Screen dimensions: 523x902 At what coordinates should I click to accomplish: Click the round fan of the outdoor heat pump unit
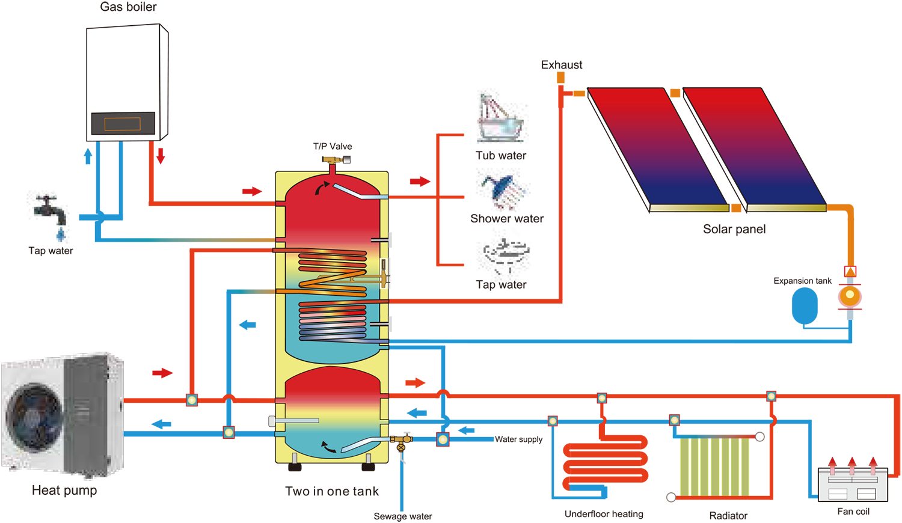coord(33,415)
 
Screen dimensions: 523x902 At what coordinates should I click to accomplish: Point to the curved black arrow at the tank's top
coord(323,188)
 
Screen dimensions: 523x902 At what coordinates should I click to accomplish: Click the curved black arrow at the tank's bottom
coord(327,447)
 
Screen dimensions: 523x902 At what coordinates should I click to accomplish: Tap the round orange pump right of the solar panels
coord(850,295)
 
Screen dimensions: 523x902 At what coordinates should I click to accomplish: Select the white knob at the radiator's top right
coord(760,437)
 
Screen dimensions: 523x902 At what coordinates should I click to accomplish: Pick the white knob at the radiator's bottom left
coord(670,497)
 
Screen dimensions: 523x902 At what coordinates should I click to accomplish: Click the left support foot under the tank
coord(294,459)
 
